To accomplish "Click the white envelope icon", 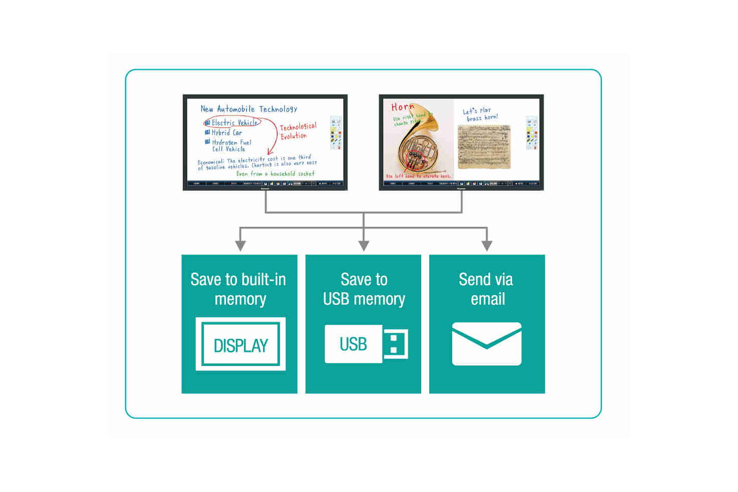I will coord(486,344).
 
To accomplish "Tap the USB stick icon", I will coord(365,344).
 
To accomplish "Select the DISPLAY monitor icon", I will coord(240,344).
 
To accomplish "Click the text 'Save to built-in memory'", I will coord(239,289).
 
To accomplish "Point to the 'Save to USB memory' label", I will coord(364,289).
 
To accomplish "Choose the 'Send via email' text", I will coord(486,289).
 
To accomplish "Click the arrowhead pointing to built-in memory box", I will coord(240,245).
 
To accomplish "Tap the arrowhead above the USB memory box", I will coord(364,245).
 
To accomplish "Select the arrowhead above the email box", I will coord(486,245).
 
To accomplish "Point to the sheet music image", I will coord(484,147).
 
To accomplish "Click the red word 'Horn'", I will coord(403,107).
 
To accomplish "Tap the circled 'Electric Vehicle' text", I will coord(233,122).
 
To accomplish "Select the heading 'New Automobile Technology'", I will coord(249,109).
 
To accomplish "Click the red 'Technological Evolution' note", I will coord(297,131).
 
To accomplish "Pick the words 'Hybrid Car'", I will coord(226,133).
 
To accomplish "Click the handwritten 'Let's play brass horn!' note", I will coord(480,114).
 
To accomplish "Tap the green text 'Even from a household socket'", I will coord(275,174).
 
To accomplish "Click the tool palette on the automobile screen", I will coord(336,133).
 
